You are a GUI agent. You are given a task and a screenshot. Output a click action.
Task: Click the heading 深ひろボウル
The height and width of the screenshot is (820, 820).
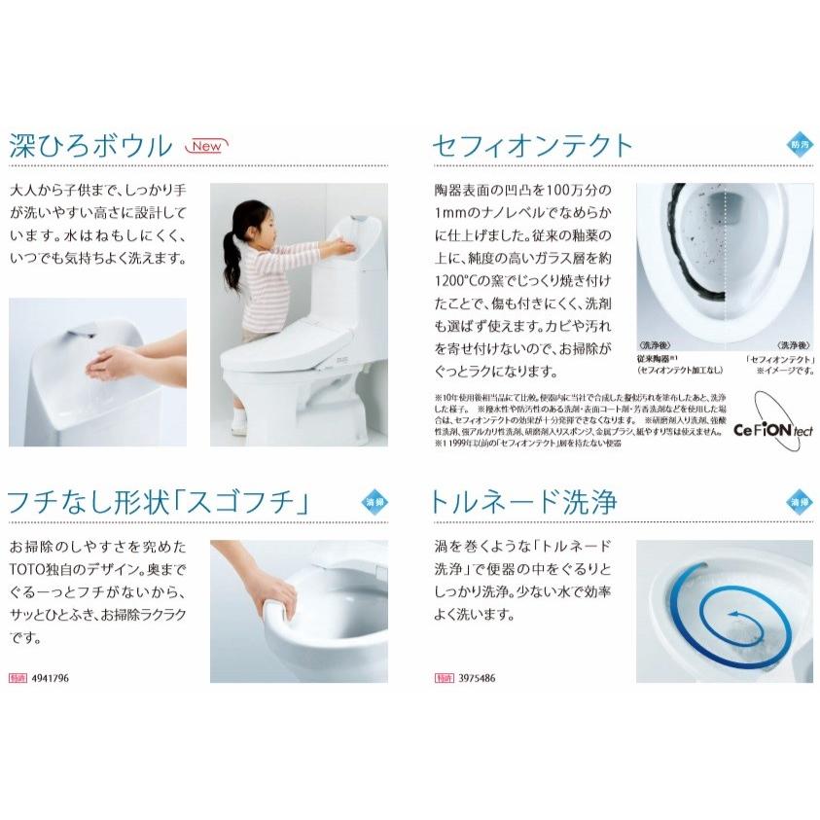90,147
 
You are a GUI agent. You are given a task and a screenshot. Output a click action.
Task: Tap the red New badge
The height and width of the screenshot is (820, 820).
207,147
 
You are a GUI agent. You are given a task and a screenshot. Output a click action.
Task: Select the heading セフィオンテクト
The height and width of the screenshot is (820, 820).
532,147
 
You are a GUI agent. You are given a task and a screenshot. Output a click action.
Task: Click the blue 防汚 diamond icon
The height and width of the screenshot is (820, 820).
798,146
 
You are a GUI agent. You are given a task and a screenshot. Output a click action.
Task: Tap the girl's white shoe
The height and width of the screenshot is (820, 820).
238,424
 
